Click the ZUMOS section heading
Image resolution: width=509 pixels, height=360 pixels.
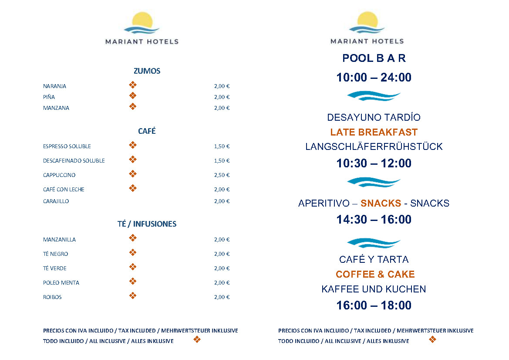tap(147, 71)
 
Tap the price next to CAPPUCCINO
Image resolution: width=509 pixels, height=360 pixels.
tap(222, 175)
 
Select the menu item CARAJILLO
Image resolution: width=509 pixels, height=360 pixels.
tap(56, 201)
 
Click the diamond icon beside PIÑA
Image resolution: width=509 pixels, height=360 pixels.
tap(133, 96)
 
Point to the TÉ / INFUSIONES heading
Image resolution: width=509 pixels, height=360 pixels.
tap(147, 224)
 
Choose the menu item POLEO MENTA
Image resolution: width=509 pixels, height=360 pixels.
tap(61, 283)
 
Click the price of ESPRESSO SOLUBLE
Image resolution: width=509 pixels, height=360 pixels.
tap(222, 146)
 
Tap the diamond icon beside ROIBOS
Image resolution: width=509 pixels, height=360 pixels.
tap(133, 296)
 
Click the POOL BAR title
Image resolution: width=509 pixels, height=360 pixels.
tap(374, 58)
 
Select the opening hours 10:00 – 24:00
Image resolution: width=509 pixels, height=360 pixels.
tap(374, 78)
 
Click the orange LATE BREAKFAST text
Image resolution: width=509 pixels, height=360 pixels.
tap(374, 132)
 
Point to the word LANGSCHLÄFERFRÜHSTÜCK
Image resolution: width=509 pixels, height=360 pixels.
tap(374, 146)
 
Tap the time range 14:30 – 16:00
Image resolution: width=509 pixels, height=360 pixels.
tap(374, 220)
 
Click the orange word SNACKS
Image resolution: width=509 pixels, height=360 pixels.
tap(381, 203)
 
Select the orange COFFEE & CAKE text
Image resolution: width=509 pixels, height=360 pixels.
tap(375, 274)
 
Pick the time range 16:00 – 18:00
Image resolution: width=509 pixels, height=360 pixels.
tap(374, 306)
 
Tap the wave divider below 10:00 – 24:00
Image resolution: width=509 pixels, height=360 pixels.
tap(374, 95)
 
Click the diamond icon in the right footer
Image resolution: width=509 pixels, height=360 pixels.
tap(432, 340)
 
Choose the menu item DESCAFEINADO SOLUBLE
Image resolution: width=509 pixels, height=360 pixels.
tap(74, 161)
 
